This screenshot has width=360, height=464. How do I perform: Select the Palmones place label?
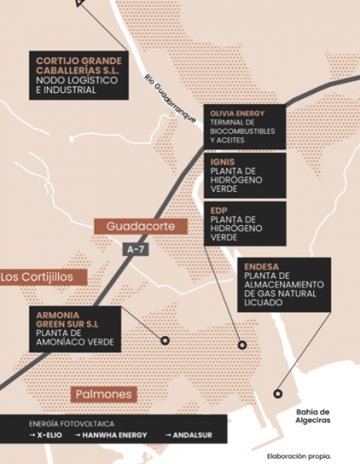tap(104, 394)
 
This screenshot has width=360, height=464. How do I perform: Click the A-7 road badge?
tap(134, 249)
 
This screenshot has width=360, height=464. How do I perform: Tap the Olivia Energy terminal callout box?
tap(244, 127)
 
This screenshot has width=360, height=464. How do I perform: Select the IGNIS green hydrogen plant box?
tap(244, 176)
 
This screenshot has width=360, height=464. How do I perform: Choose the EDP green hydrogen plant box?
tap(244, 223)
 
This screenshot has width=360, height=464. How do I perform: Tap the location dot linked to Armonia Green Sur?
tap(163, 340)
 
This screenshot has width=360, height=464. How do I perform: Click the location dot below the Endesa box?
tap(243, 345)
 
